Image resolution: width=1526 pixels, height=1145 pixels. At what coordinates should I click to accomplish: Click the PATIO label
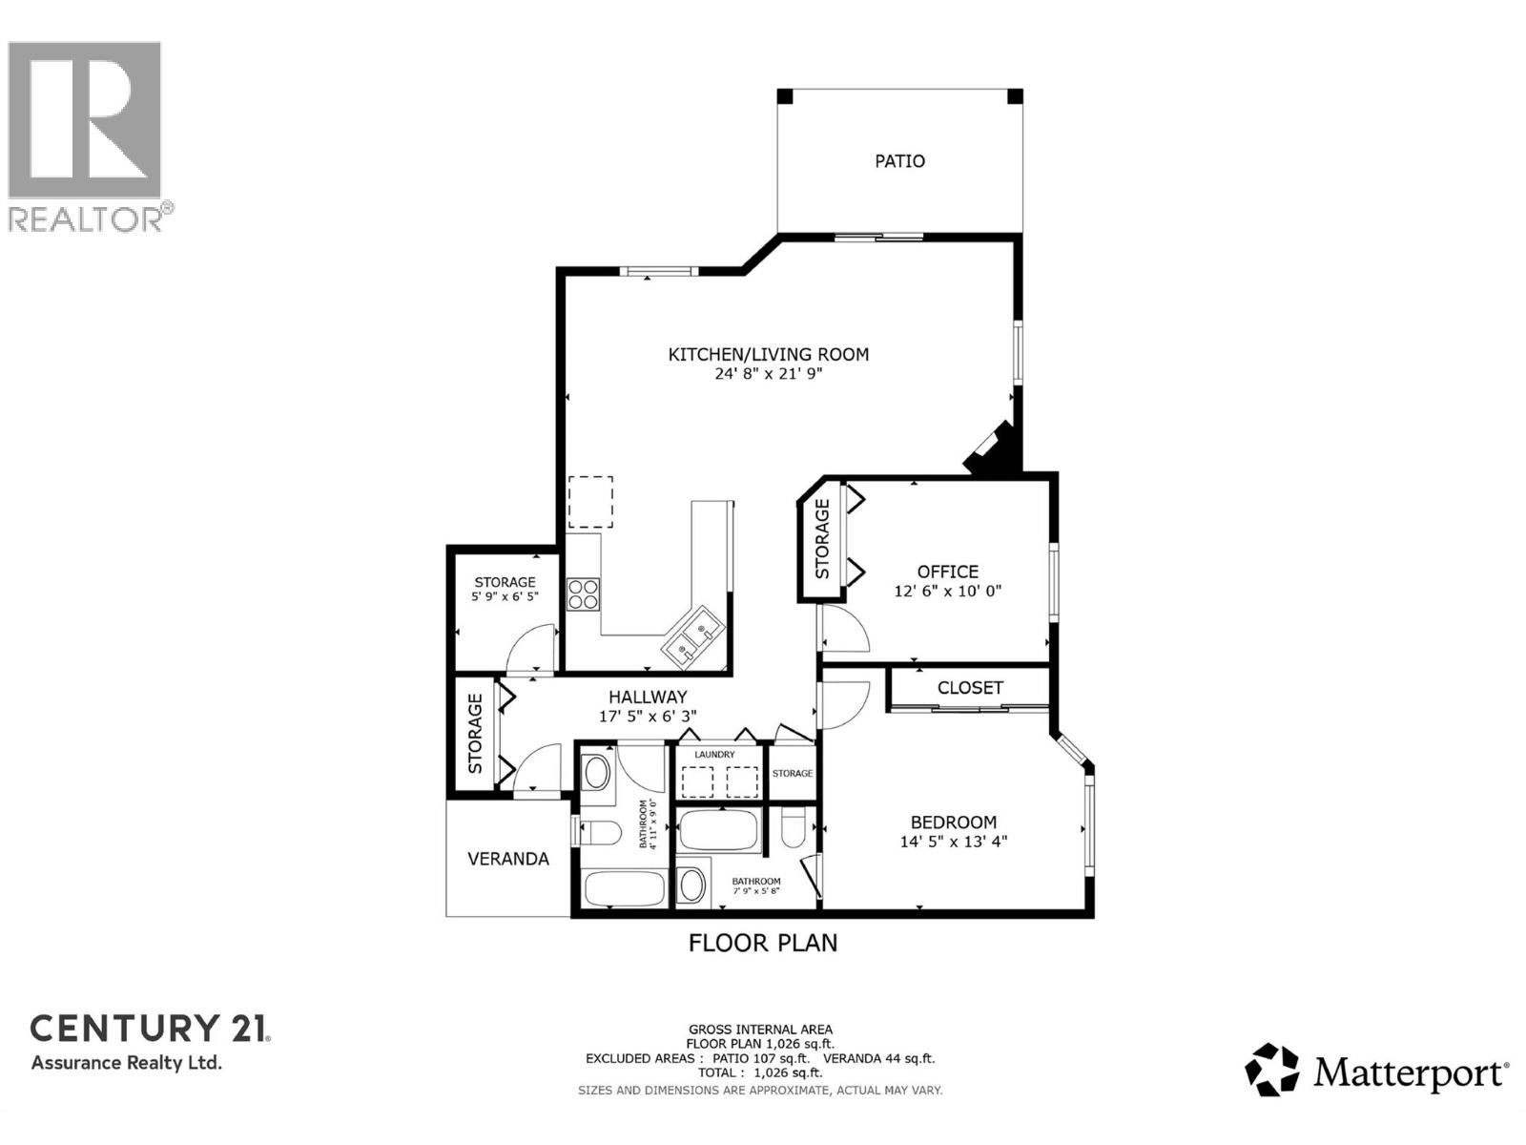point(899,161)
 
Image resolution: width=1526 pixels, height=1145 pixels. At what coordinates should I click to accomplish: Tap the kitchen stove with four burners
point(583,594)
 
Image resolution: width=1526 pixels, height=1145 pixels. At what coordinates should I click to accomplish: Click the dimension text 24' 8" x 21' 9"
point(768,374)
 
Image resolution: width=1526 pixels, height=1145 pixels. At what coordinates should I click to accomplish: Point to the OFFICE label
point(947,572)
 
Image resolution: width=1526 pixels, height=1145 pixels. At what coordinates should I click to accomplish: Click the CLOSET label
point(970,688)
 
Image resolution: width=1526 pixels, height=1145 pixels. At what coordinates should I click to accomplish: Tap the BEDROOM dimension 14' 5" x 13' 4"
point(953,842)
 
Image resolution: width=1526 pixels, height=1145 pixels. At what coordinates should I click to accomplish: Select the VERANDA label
point(507,859)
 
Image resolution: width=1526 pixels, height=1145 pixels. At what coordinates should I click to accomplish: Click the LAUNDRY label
point(714,755)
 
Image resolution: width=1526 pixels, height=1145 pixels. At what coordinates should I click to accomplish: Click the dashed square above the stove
point(590,502)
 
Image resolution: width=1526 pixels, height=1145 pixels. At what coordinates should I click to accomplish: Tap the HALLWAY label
point(648,697)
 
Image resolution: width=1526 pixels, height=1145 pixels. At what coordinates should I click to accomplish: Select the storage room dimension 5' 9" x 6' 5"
point(505,596)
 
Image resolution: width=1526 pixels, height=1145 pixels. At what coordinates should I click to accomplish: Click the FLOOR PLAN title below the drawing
point(763,943)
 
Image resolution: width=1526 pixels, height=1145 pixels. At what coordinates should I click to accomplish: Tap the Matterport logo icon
point(1271,1070)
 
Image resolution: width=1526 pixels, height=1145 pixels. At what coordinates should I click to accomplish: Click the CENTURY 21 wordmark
point(150,1029)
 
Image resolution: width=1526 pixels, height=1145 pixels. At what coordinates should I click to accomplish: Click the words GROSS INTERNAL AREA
point(760,1030)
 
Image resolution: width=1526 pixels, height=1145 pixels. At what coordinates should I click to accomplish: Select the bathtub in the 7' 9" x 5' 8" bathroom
point(719,831)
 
